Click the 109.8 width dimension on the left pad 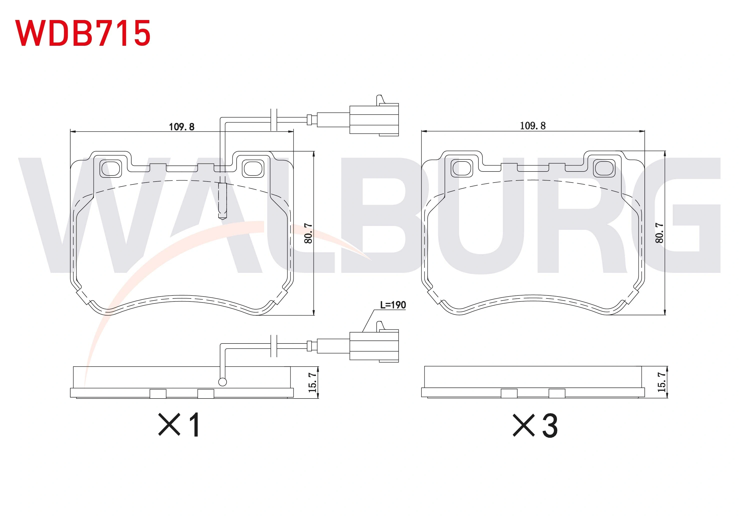182,127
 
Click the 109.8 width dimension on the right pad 533,125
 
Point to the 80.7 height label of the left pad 308,233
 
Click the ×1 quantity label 179,425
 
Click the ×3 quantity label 535,425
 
